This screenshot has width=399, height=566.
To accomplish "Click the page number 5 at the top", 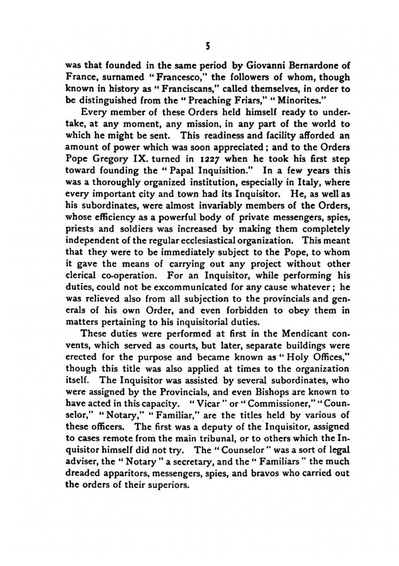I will pos(207,47).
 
